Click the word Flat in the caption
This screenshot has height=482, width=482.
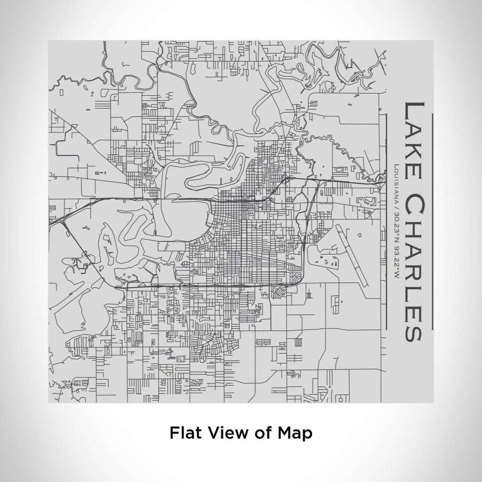(183, 433)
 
